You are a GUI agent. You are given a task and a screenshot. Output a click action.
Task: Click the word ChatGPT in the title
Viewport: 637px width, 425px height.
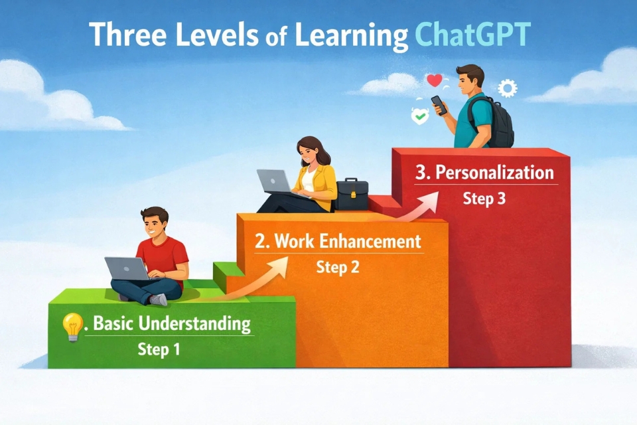tap(473, 35)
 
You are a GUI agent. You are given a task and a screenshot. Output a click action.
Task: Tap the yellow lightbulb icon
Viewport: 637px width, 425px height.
tap(72, 327)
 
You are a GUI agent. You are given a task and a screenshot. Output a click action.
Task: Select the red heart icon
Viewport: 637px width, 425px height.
tap(434, 80)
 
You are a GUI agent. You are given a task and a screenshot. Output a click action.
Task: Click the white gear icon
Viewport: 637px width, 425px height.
tap(508, 88)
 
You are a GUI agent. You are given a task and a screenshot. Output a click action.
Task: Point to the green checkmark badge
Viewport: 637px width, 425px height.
tap(419, 116)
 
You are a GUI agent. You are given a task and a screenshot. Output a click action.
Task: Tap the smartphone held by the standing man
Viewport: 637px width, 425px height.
tap(439, 106)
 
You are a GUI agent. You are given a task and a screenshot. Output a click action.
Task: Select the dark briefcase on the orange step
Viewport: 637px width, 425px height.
tap(352, 195)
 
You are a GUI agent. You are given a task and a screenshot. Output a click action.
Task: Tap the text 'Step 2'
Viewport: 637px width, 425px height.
tap(338, 267)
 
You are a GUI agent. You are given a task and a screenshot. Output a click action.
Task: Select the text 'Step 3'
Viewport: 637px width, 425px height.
tap(484, 199)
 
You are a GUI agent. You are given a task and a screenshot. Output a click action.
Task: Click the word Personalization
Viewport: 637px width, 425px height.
tap(494, 173)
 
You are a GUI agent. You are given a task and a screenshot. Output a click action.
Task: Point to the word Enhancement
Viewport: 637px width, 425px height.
tap(370, 242)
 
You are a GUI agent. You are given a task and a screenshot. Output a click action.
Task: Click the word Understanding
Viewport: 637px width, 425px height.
tap(194, 323)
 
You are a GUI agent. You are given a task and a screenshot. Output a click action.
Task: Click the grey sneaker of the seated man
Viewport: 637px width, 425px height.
tap(159, 299)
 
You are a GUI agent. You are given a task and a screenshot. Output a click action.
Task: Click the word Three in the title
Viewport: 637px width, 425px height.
tap(127, 34)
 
